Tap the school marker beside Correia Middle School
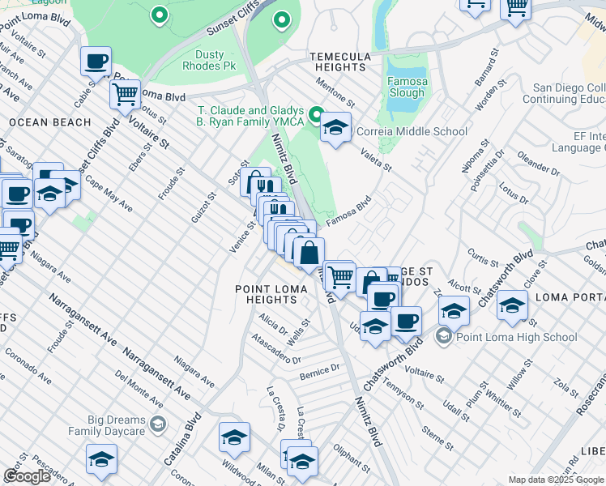point(335,127)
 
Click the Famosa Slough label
point(406,87)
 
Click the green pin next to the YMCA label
point(317,113)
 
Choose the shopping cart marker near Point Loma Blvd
point(125,95)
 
